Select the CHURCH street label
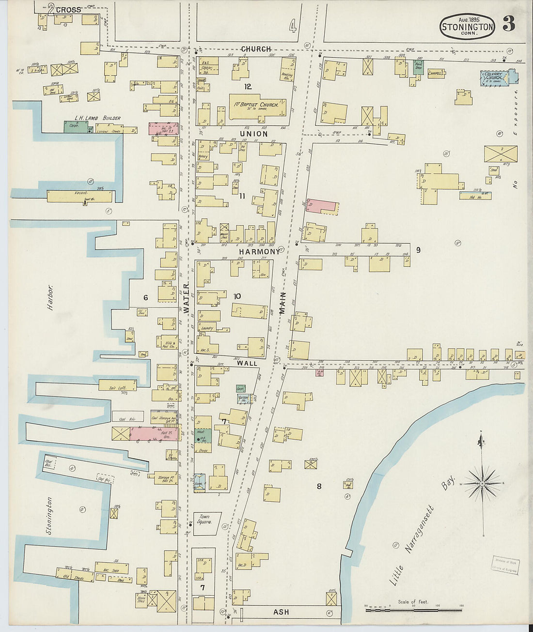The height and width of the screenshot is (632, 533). click(256, 49)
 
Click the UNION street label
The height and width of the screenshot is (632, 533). click(253, 134)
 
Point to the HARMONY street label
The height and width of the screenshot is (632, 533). click(259, 252)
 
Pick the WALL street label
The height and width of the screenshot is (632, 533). click(247, 362)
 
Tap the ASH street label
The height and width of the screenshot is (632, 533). click(281, 612)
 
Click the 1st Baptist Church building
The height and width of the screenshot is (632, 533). click(257, 106)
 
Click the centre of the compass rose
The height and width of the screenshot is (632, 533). click(483, 483)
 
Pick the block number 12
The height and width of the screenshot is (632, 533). click(248, 87)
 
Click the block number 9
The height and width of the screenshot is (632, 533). click(418, 250)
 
